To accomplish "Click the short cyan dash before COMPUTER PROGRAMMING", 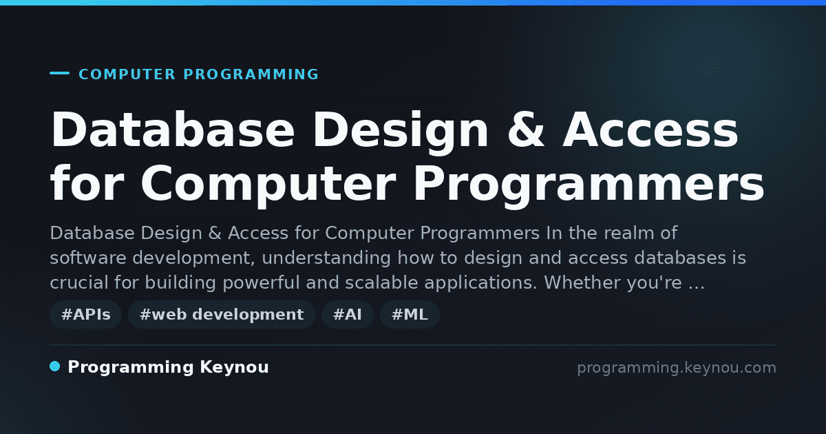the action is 59,73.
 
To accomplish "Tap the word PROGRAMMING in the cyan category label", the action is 251,74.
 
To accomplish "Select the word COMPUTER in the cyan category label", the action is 127,74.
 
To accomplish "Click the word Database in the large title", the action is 173,130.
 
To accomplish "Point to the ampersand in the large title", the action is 525,130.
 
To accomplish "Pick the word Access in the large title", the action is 650,130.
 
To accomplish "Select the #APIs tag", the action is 86,314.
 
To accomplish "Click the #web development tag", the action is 222,314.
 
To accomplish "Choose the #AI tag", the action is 348,314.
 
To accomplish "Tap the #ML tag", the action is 410,314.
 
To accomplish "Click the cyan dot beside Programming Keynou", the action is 55,366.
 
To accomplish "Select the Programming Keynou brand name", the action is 168,368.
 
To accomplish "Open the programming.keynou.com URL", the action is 677,368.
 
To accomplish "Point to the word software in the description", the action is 88,258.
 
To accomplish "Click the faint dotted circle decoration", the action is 711,68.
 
